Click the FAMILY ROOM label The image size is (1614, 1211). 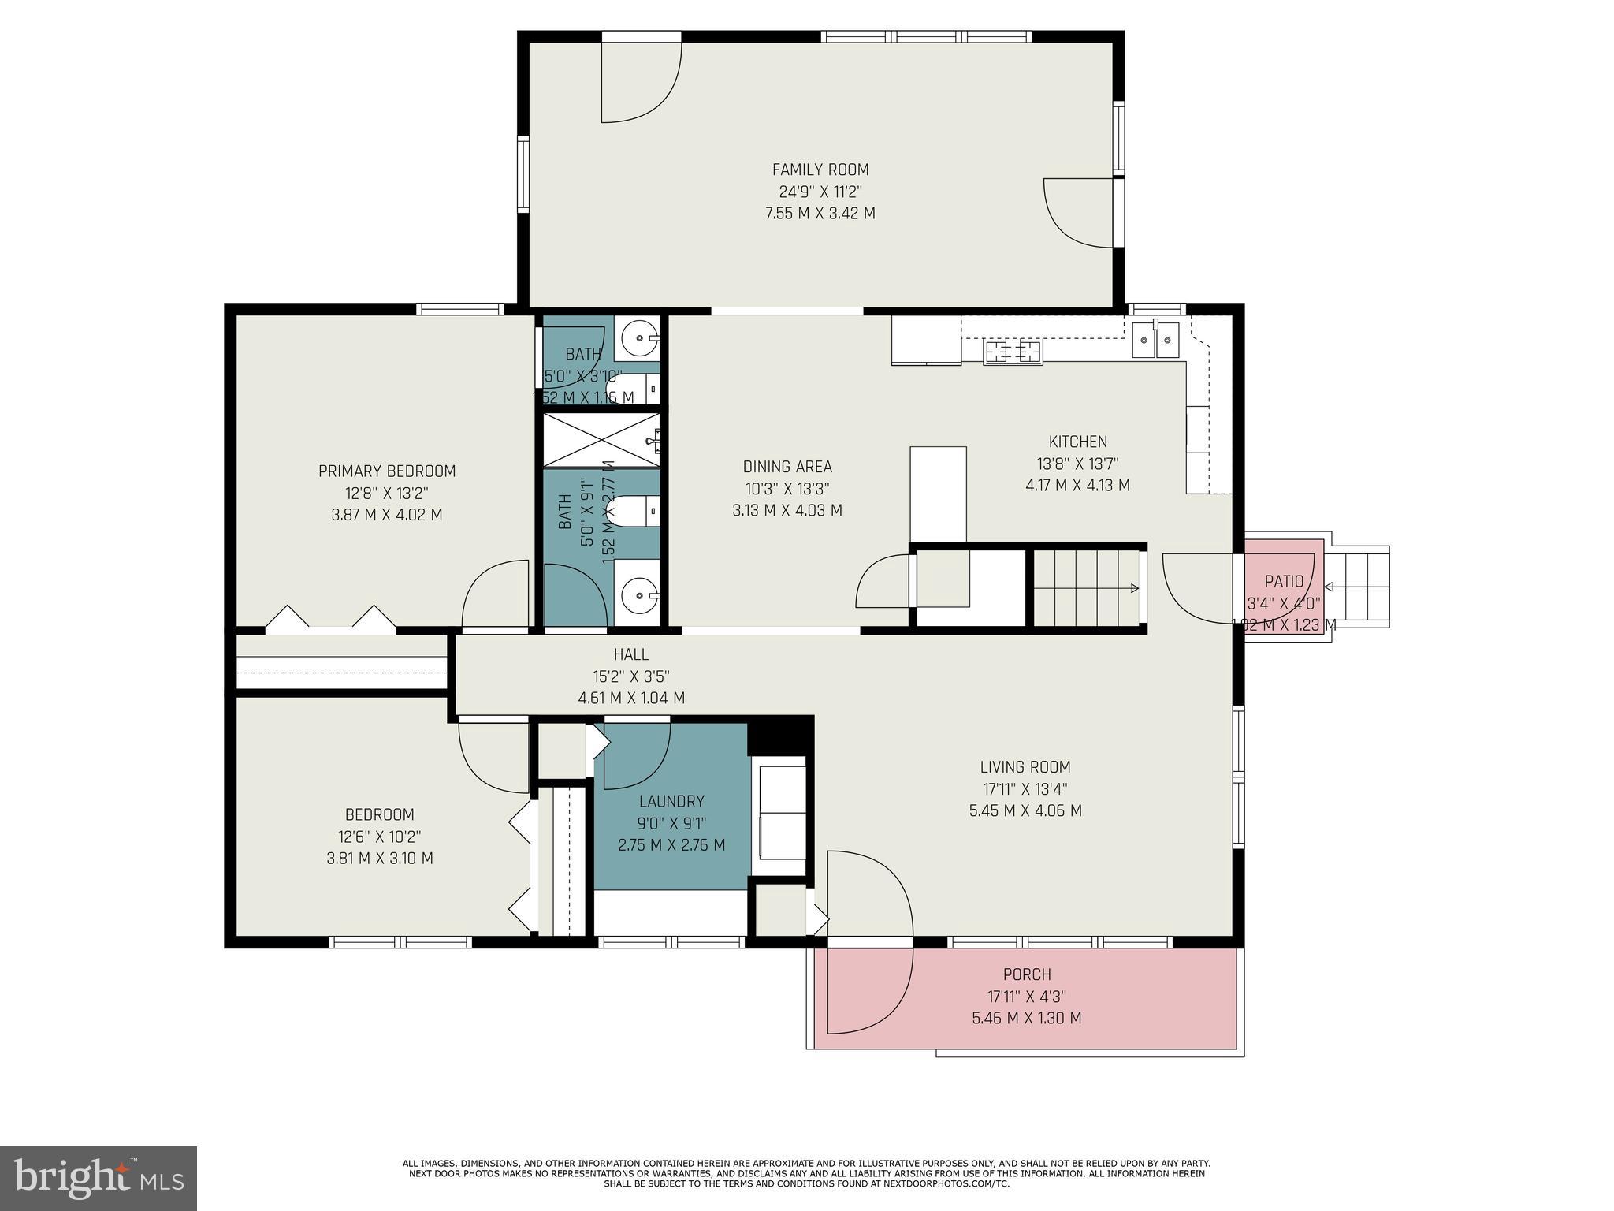[x=820, y=170]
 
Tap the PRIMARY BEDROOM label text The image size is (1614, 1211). [x=387, y=471]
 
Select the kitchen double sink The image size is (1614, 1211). [x=1155, y=340]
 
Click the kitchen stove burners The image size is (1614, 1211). [x=1013, y=351]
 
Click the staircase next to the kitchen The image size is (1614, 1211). [x=1086, y=588]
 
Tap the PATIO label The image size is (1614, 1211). [x=1284, y=582]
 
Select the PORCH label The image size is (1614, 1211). [x=1027, y=974]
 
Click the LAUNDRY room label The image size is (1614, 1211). [x=671, y=802]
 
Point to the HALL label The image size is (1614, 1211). [x=631, y=654]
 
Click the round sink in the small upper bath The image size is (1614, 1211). [x=637, y=339]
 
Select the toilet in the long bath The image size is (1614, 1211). [x=637, y=511]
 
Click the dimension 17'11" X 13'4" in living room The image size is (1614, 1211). [x=1025, y=788]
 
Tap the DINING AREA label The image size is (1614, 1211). [x=787, y=467]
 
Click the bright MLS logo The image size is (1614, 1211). [x=99, y=1179]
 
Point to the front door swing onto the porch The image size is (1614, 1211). [x=867, y=986]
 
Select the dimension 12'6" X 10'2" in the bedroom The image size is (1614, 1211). [x=379, y=837]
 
